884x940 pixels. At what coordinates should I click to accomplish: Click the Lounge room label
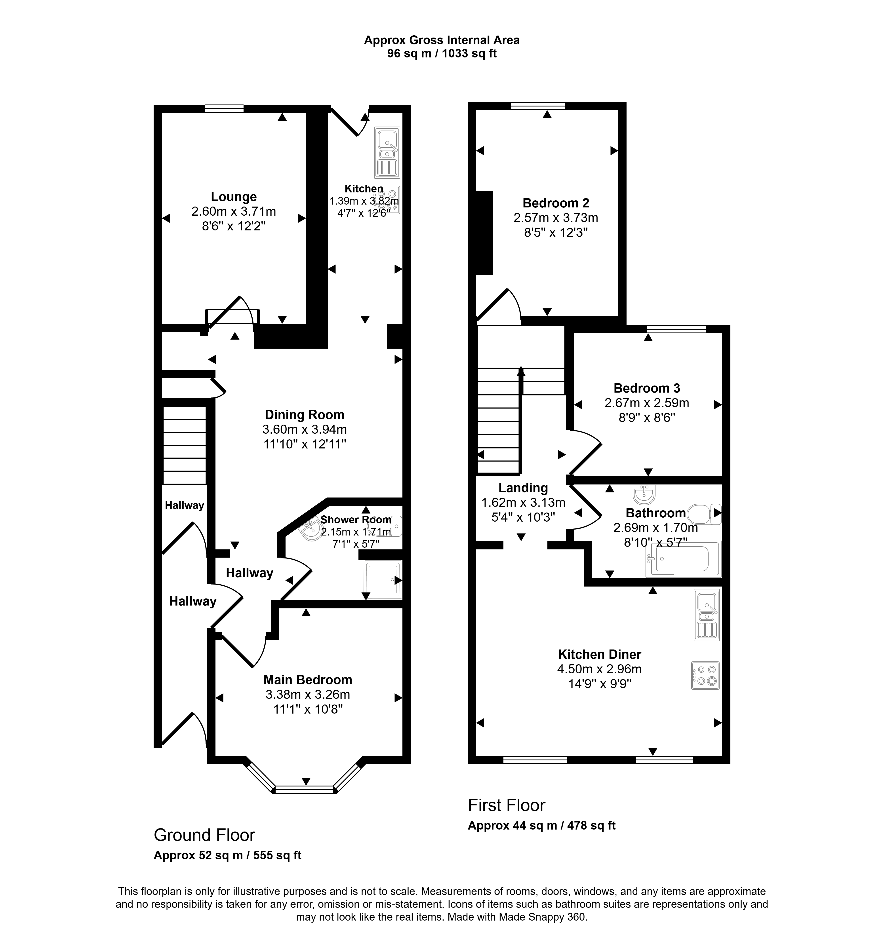tap(234, 197)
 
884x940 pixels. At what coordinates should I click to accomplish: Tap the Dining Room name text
tap(305, 415)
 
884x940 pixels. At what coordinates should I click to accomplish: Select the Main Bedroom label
tap(308, 680)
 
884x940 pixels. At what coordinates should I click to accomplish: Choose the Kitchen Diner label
tap(600, 654)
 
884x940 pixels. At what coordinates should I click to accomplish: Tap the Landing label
tap(523, 488)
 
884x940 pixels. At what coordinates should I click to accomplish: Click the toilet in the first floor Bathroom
tap(705, 513)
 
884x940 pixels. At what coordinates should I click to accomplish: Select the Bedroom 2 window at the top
tap(538, 106)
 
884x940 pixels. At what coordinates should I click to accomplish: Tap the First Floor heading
tap(507, 805)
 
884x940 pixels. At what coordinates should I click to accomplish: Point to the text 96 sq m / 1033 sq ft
tap(442, 53)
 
